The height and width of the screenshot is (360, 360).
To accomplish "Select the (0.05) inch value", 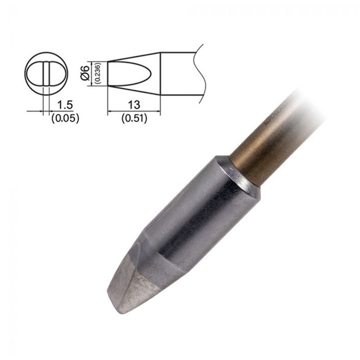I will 65,117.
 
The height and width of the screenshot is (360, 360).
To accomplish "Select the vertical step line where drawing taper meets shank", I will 160,73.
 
